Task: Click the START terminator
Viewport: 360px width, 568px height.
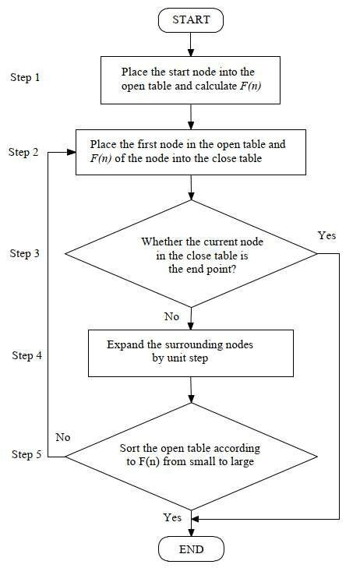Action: pyautogui.click(x=191, y=20)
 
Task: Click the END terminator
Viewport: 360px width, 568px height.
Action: pyautogui.click(x=191, y=550)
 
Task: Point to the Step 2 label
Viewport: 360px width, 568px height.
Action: pyautogui.click(x=23, y=152)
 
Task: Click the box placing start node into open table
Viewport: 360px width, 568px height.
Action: pyautogui.click(x=191, y=79)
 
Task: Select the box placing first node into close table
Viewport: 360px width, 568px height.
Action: pyautogui.click(x=191, y=151)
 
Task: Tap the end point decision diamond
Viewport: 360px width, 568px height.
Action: pyautogui.click(x=191, y=254)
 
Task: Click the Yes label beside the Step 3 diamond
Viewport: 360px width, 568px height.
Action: pyautogui.click(x=327, y=235)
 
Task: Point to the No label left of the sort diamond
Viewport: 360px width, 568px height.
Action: pyautogui.click(x=62, y=438)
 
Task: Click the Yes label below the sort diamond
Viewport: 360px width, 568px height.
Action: pyautogui.click(x=172, y=517)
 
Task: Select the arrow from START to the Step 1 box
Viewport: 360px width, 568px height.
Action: pyautogui.click(x=191, y=44)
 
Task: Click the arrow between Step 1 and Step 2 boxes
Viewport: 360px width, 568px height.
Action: pyautogui.click(x=191, y=116)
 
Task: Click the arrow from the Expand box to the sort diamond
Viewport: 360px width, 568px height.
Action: pyautogui.click(x=191, y=390)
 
